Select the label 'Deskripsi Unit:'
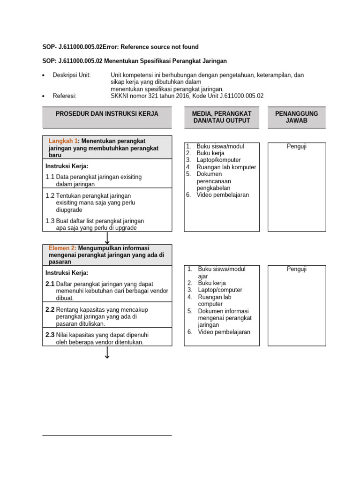pyautogui.click(x=72, y=75)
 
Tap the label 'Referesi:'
pyautogui.click(x=65, y=96)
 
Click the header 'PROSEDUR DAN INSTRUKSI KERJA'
pyautogui.click(x=107, y=114)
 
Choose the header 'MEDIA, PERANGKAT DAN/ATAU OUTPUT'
pyautogui.click(x=222, y=117)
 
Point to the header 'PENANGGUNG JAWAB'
pyautogui.click(x=296, y=117)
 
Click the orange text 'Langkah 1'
pyautogui.click(x=62, y=141)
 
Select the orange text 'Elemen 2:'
pyautogui.click(x=62, y=247)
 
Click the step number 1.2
pyautogui.click(x=50, y=195)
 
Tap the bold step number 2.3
pyautogui.click(x=50, y=335)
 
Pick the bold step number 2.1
pyautogui.click(x=50, y=284)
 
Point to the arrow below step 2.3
pyautogui.click(x=107, y=353)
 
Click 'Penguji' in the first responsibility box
pyautogui.click(x=296, y=147)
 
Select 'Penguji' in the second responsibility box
pyautogui.click(x=296, y=269)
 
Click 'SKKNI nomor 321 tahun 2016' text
pyautogui.click(x=149, y=96)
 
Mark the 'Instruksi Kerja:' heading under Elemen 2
pyautogui.click(x=67, y=273)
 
